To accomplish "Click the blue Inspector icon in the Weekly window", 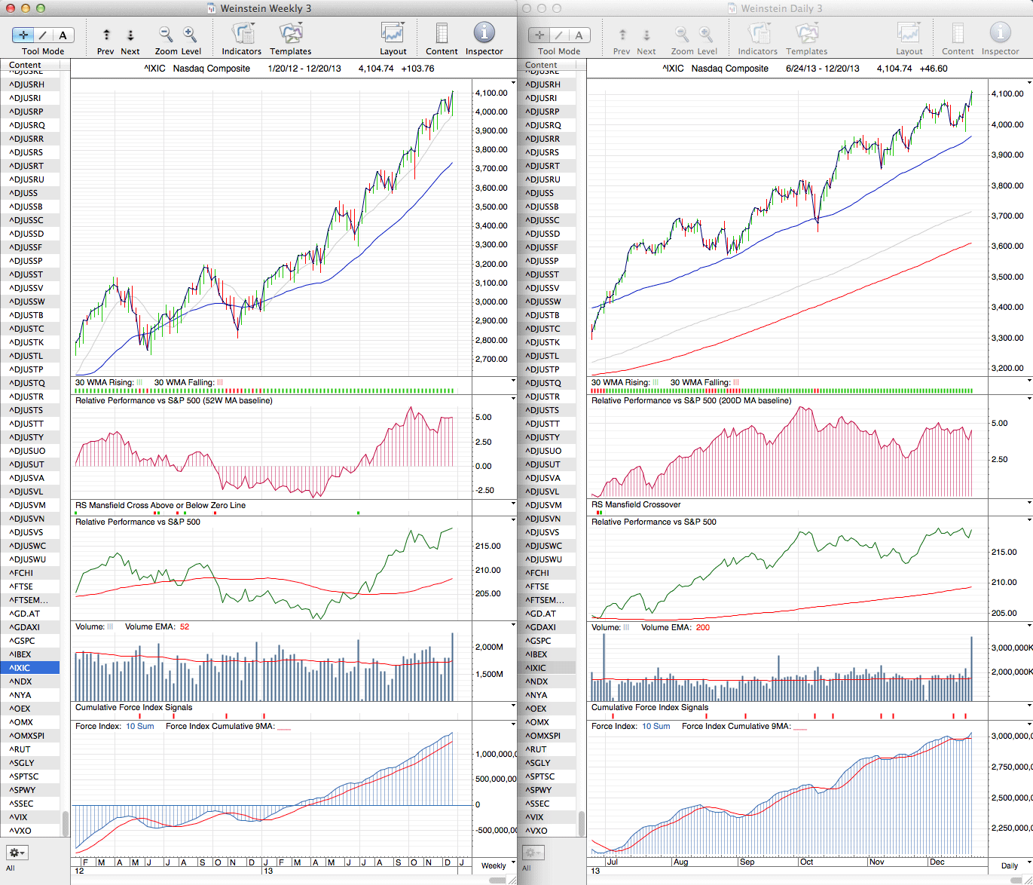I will [484, 33].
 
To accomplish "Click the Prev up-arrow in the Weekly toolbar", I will [106, 35].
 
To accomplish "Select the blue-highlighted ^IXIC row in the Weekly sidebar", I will [30, 668].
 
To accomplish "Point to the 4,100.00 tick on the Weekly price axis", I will [491, 93].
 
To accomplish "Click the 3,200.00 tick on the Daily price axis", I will [1007, 369].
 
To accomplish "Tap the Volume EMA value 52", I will [185, 627].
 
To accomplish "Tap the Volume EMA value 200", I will [702, 627].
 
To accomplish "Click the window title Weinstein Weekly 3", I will [265, 8].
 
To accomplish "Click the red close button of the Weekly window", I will [10, 8].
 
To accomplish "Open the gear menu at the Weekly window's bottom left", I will [17, 853].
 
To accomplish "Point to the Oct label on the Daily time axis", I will [806, 862].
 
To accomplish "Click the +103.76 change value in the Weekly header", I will [417, 69].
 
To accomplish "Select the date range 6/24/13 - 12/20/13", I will [822, 69].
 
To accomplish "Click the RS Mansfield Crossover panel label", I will [636, 505].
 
